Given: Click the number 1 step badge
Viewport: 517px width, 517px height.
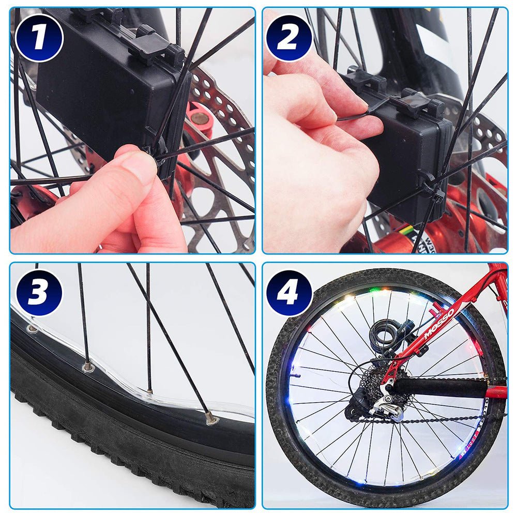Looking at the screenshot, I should click(x=39, y=38).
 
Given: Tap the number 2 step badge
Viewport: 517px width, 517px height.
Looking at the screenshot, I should click(x=288, y=38).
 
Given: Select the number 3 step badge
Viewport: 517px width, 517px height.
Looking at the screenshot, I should click(x=39, y=292).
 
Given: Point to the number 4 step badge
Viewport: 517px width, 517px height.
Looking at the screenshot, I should click(x=288, y=292).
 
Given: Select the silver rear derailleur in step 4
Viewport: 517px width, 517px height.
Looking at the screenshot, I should click(x=385, y=406).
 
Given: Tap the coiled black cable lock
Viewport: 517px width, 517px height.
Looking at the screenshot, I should click(x=385, y=331).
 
